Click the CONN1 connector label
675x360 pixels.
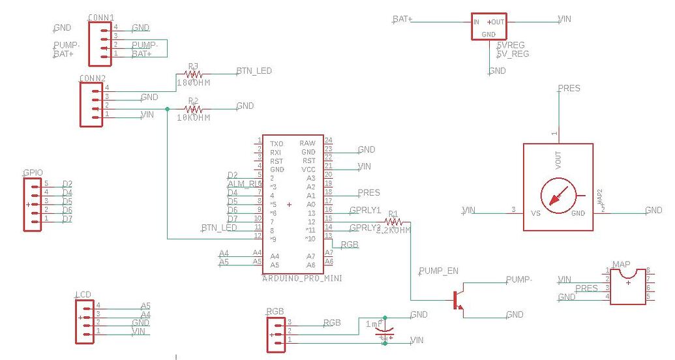(101, 18)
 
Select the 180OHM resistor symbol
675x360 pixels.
(193, 75)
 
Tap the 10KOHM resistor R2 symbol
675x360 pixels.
(193, 109)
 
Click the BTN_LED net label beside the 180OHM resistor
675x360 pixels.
(254, 71)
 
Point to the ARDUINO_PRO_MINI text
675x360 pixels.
(302, 278)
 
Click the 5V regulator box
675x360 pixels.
(489, 27)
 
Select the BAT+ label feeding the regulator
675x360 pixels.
(402, 19)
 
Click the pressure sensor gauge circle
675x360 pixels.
(558, 195)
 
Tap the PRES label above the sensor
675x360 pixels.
(569, 89)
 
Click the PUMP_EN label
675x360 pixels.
(438, 270)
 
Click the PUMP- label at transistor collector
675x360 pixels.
(518, 279)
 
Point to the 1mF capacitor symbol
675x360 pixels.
(385, 333)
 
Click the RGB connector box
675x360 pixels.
(276, 332)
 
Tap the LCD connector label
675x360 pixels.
(82, 295)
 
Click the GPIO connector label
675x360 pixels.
(33, 173)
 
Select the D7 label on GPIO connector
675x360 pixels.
(67, 218)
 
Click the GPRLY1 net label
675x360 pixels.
(365, 211)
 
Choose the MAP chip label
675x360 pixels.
(621, 264)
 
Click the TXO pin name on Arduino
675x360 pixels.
(277, 143)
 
